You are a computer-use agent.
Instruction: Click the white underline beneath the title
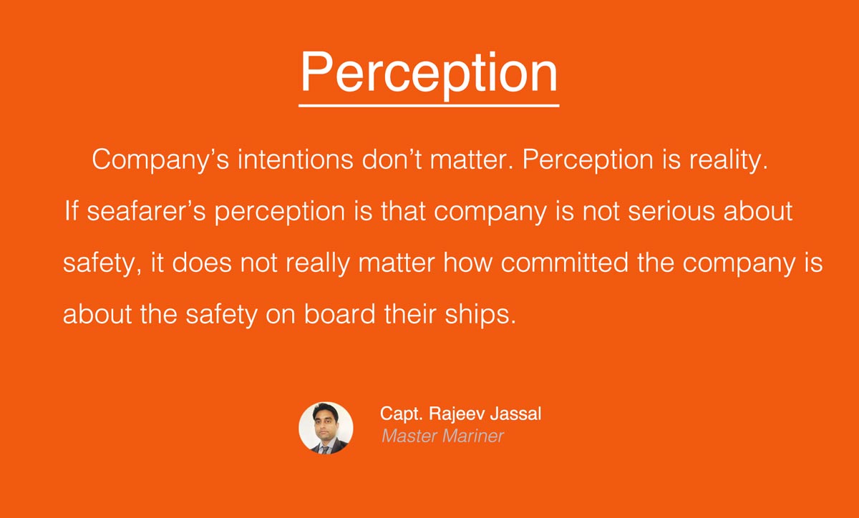pyautogui.click(x=429, y=105)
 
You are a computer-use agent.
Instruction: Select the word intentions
pyautogui.click(x=295, y=159)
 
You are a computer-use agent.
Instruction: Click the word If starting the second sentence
pyautogui.click(x=72, y=210)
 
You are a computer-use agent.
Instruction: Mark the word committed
pyautogui.click(x=565, y=263)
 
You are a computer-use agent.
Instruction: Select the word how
pyautogui.click(x=467, y=263)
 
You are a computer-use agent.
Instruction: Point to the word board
pyautogui.click(x=340, y=313)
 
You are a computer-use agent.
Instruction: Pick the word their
pyautogui.click(x=410, y=313)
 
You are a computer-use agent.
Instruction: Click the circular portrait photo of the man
pyautogui.click(x=326, y=428)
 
